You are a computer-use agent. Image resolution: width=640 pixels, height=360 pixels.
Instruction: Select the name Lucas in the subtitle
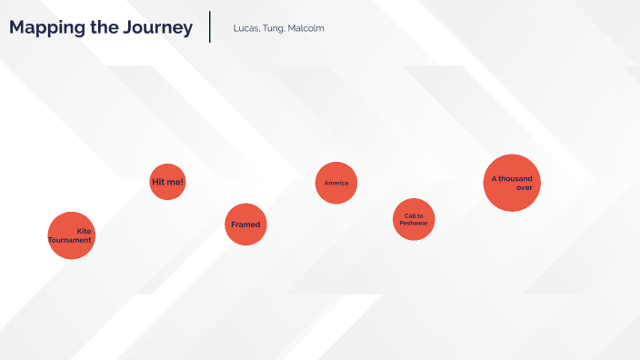tap(245, 28)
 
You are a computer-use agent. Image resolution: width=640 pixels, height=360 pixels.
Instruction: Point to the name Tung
tap(273, 28)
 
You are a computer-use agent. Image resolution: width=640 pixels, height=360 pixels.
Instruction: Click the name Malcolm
tap(305, 28)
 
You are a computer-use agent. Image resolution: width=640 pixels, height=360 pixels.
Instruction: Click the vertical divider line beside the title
tap(210, 26)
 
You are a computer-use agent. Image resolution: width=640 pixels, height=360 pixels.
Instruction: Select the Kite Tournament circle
tap(71, 235)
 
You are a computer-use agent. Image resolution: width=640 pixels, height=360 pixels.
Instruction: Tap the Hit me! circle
tap(167, 182)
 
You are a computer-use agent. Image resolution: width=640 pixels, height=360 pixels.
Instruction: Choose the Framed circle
tap(245, 225)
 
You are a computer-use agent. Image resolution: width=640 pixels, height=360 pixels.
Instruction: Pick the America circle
tap(336, 183)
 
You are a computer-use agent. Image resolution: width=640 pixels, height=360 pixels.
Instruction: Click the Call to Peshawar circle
tap(414, 219)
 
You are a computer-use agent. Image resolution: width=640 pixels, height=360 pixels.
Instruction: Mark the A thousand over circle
tap(512, 183)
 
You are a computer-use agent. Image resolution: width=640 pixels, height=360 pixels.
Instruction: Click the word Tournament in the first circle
tap(70, 240)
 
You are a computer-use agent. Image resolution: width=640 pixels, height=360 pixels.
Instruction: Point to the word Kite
tap(84, 231)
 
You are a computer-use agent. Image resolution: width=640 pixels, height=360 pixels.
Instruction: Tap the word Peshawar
tap(414, 223)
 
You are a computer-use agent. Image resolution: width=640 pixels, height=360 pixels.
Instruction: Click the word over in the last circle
tap(524, 187)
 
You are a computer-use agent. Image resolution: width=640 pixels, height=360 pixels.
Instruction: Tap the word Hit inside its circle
tap(159, 182)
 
